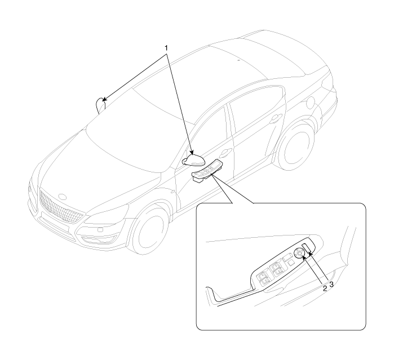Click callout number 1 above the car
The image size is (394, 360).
(166, 48)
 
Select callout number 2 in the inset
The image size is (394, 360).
(325, 288)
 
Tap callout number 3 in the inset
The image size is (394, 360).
(331, 285)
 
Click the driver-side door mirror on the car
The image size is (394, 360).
(193, 161)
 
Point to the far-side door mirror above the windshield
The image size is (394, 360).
(101, 105)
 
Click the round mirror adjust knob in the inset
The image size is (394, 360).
(299, 253)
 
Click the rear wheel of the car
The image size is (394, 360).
(296, 149)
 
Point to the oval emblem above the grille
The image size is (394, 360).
(61, 197)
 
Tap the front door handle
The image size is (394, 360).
(225, 152)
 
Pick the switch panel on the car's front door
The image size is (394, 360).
(207, 171)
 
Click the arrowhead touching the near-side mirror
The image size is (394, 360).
(192, 153)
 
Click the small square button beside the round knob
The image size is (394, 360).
(291, 263)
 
